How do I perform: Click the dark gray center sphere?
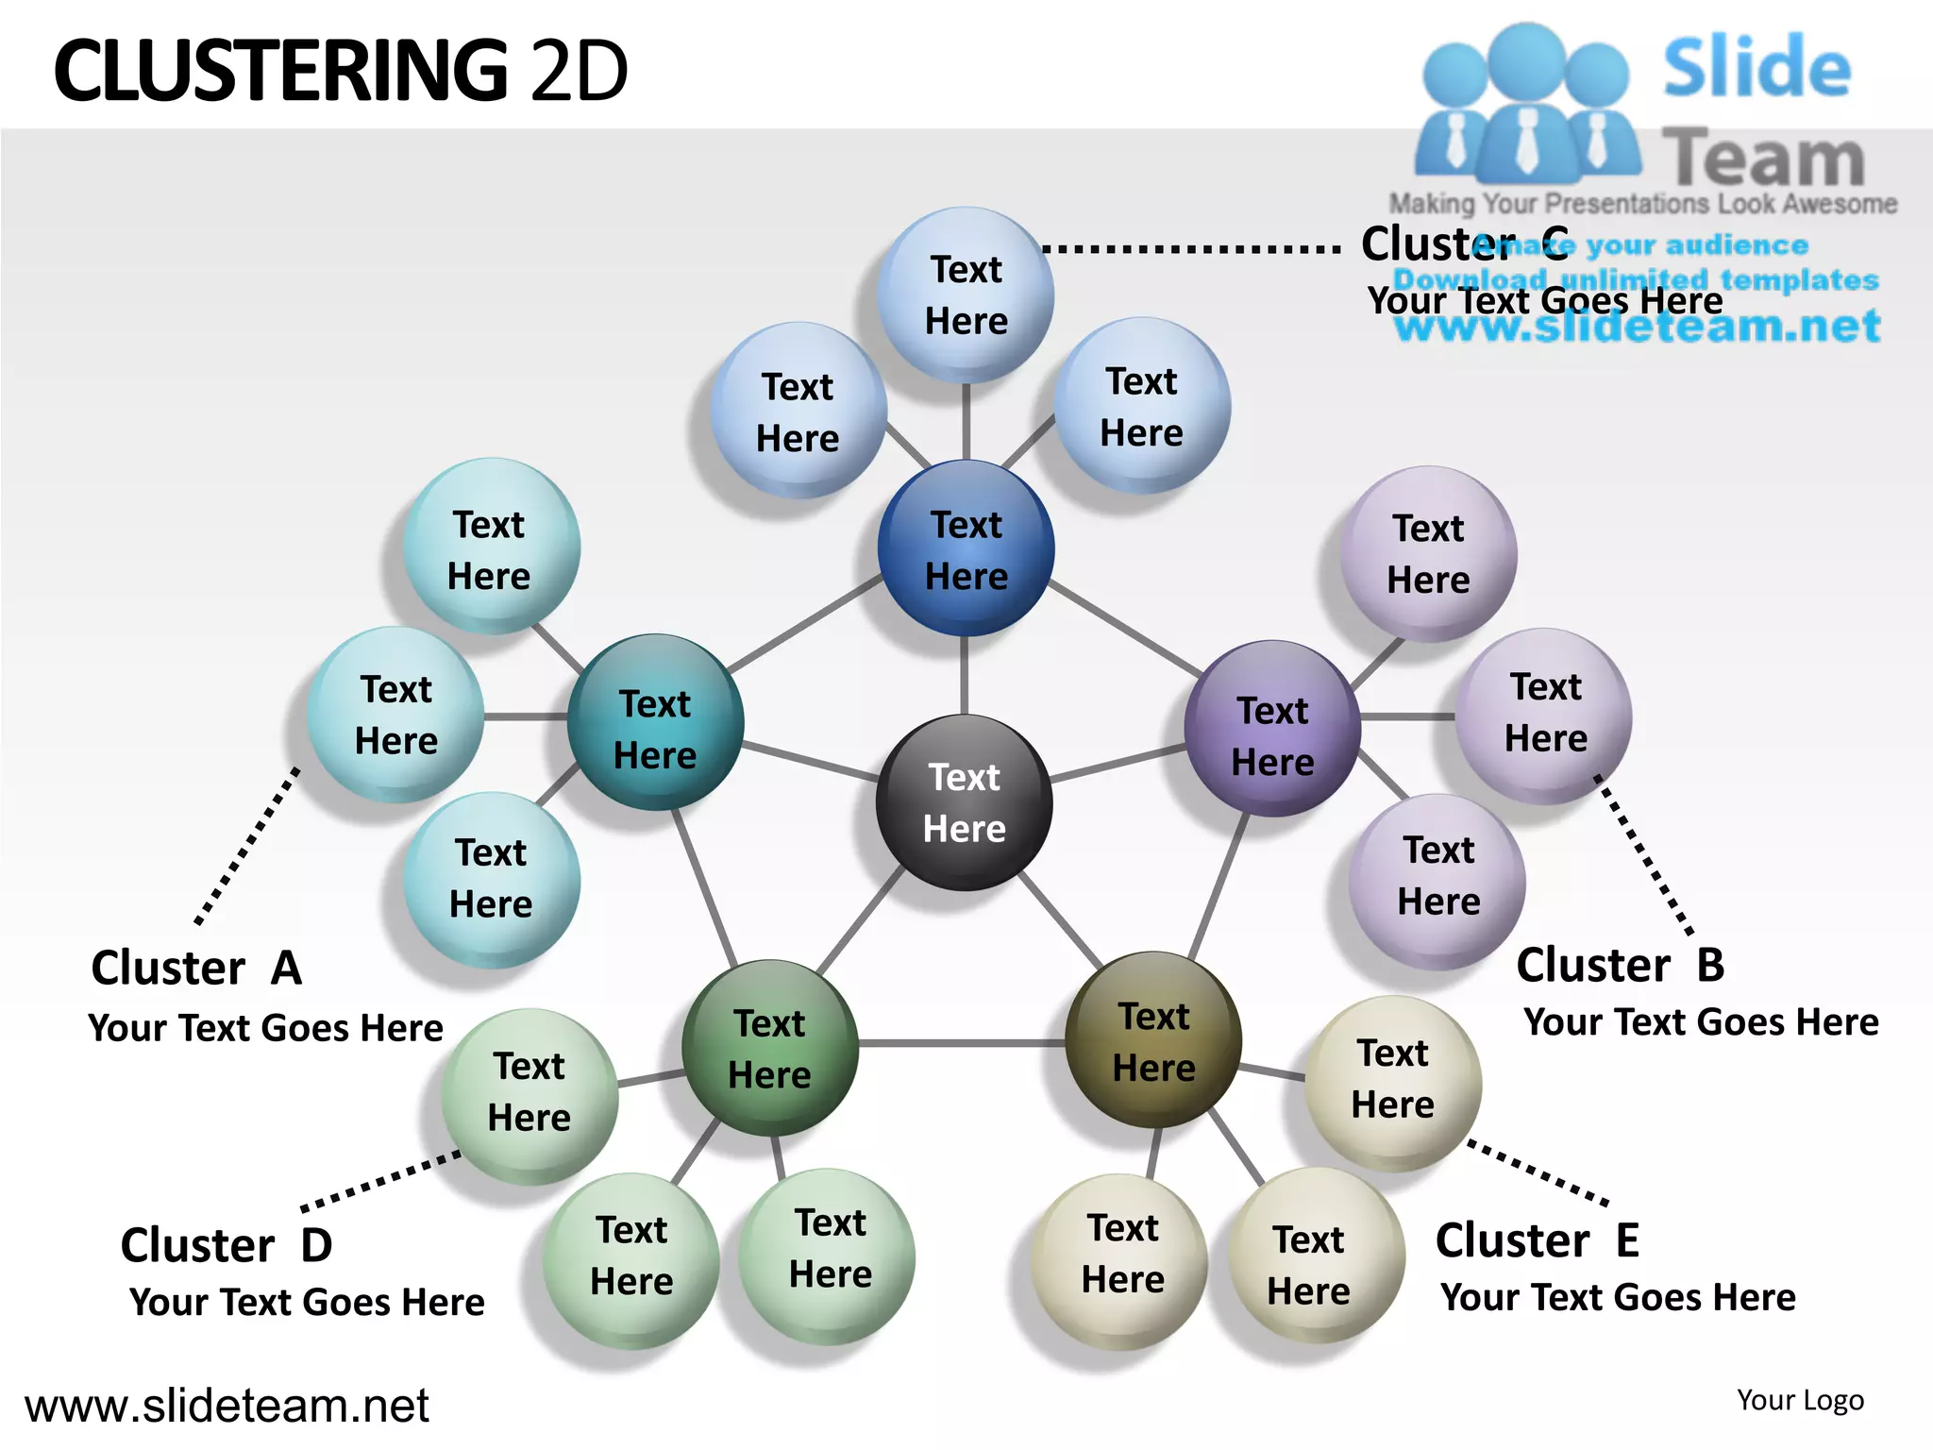pyautogui.click(x=964, y=802)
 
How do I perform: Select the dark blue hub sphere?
pyautogui.click(x=966, y=548)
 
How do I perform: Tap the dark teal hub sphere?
pyautogui.click(x=655, y=723)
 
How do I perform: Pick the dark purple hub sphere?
pyautogui.click(x=1272, y=729)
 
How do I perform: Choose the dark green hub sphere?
pyautogui.click(x=769, y=1048)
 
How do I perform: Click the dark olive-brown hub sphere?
pyautogui.click(x=1153, y=1040)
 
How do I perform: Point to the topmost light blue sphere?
pyautogui.click(x=966, y=295)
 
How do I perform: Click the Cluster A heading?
pyautogui.click(x=196, y=969)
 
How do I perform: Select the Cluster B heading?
pyautogui.click(x=1620, y=965)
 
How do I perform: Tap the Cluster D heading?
pyautogui.click(x=227, y=1245)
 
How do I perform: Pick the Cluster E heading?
pyautogui.click(x=1537, y=1240)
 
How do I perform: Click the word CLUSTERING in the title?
pyautogui.click(x=280, y=71)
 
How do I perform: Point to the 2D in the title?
pyautogui.click(x=579, y=71)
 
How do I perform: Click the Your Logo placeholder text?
pyautogui.click(x=1800, y=1400)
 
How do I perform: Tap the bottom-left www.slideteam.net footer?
pyautogui.click(x=227, y=1406)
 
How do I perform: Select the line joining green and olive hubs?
pyautogui.click(x=961, y=1043)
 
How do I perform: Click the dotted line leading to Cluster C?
pyautogui.click(x=1191, y=250)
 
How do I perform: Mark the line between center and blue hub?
pyautogui.click(x=964, y=675)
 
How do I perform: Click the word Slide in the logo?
pyautogui.click(x=1756, y=68)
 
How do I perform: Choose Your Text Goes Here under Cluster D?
pyautogui.click(x=307, y=1303)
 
